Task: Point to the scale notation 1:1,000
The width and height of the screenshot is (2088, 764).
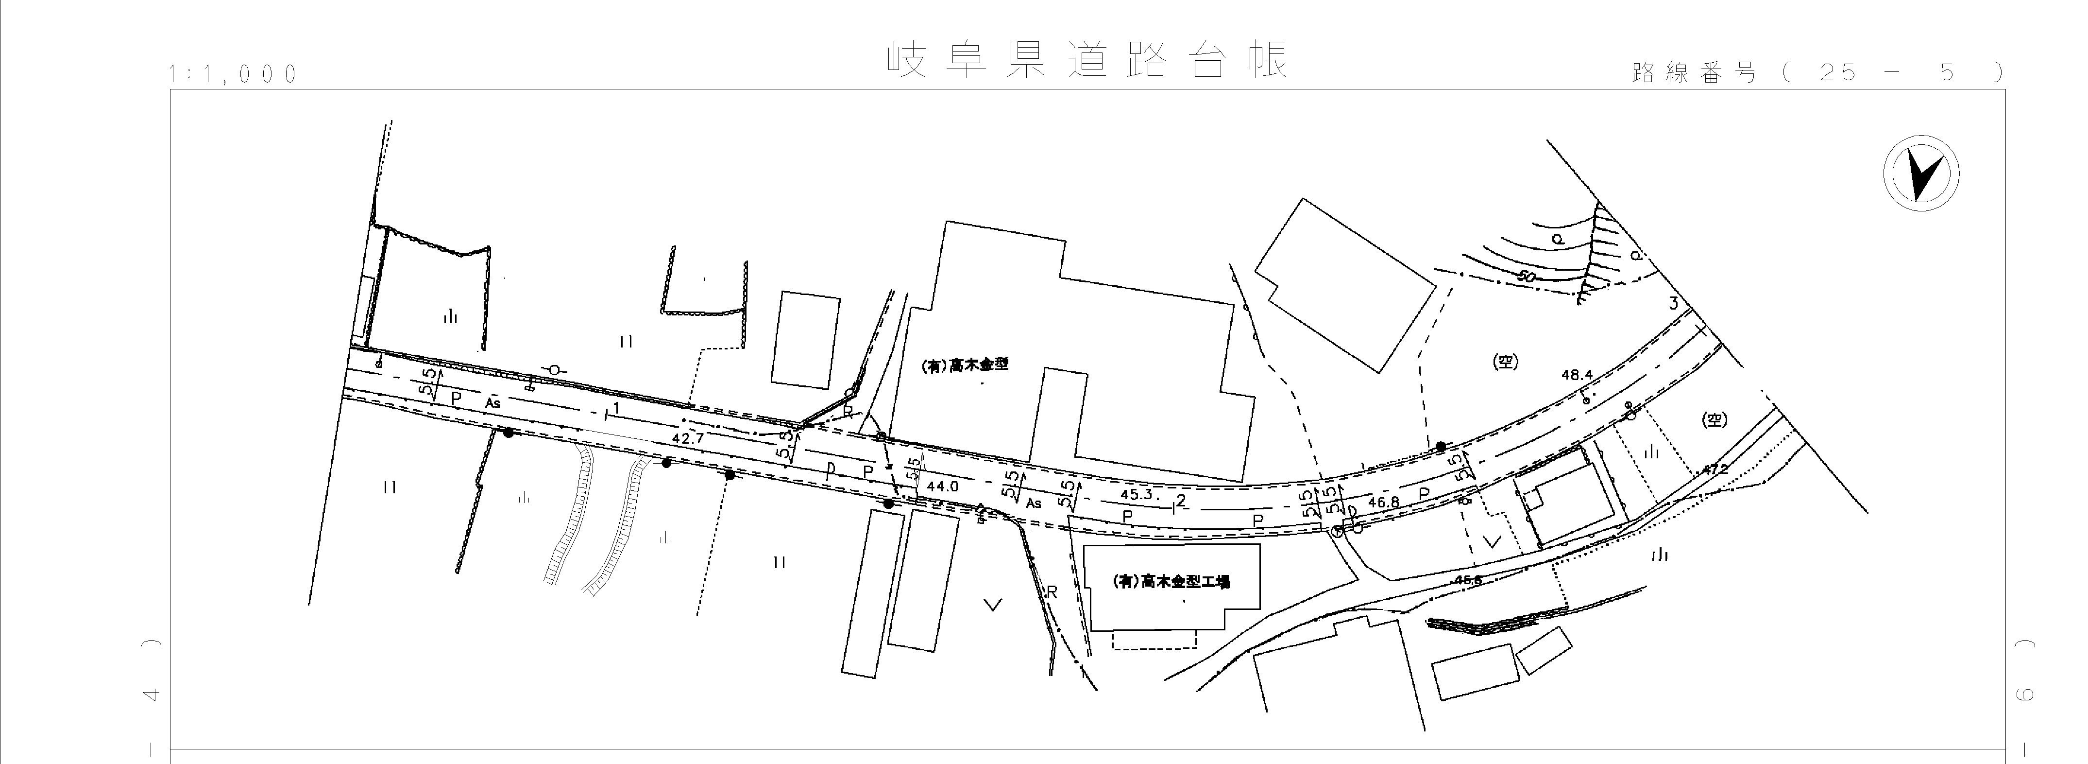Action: pyautogui.click(x=234, y=75)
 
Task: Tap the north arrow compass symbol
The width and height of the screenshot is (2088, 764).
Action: pyautogui.click(x=1920, y=175)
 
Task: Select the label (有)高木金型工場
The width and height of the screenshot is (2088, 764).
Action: pyautogui.click(x=1172, y=582)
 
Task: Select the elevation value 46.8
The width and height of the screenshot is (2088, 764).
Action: pyautogui.click(x=1383, y=502)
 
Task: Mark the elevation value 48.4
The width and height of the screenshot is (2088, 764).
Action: pyautogui.click(x=1577, y=375)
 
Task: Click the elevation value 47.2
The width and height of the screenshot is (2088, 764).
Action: pyautogui.click(x=1715, y=469)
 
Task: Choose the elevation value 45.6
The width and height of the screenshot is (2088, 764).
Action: pyautogui.click(x=1468, y=580)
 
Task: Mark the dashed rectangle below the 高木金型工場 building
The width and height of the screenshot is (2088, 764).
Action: pyautogui.click(x=1154, y=640)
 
